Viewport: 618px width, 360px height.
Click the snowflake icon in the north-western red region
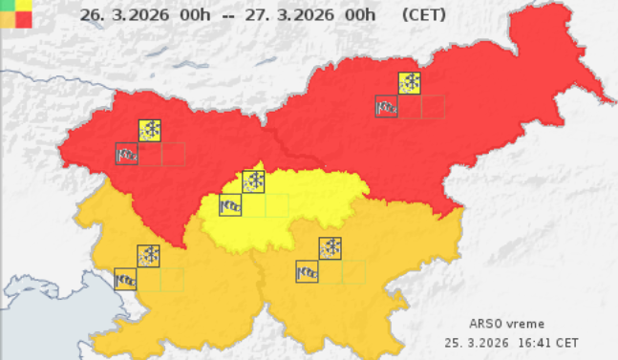point(150,131)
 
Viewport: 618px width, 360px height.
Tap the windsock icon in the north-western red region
point(126,154)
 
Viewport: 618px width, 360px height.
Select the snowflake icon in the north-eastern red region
point(411,83)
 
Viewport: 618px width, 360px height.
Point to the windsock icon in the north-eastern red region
point(387,106)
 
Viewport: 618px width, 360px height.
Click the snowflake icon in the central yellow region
point(254,180)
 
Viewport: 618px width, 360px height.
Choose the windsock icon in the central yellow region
point(230,204)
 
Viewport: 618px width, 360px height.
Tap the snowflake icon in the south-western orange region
point(149,255)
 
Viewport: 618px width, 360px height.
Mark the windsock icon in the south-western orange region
point(125,278)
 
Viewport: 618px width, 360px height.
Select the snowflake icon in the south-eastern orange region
point(330,248)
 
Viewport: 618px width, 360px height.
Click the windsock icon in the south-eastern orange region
point(307,271)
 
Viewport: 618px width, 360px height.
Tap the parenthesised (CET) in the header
point(424,15)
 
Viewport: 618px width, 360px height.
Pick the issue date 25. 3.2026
point(476,341)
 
